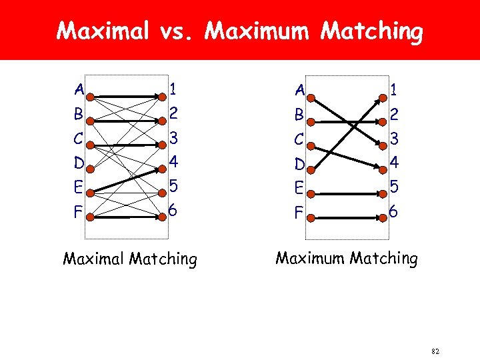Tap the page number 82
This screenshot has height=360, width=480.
tap(436, 351)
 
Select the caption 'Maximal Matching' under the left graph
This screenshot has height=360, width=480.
tap(130, 259)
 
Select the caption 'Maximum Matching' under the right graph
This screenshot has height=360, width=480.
tap(347, 257)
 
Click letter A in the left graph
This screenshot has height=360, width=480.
tap(79, 89)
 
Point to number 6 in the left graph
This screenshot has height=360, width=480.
tap(173, 210)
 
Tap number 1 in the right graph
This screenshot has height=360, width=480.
tap(394, 89)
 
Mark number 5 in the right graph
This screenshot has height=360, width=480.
tap(394, 187)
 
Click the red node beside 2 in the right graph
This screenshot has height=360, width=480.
tap(382, 121)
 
